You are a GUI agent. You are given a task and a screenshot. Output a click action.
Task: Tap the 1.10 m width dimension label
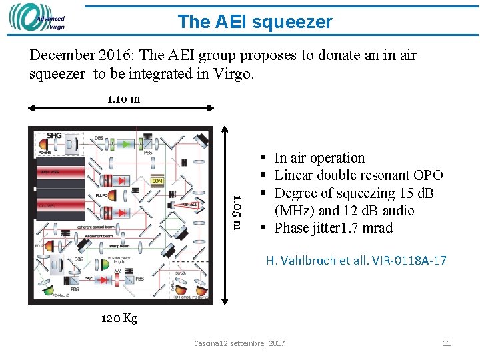point(123,99)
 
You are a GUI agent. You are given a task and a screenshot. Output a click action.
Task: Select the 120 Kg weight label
point(119,319)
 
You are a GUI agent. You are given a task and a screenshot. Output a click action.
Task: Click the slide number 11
point(447,343)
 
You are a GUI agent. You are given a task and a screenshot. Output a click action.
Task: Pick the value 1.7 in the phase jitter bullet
point(350,228)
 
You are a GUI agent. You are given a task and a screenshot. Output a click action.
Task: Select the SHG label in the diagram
point(54,136)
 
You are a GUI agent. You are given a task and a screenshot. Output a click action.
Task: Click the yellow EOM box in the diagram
point(157,181)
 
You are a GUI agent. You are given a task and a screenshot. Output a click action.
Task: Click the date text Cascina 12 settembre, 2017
point(239,343)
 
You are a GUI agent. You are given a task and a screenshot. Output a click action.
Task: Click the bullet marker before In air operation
point(265,158)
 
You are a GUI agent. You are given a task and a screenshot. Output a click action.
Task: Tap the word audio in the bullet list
point(396,211)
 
